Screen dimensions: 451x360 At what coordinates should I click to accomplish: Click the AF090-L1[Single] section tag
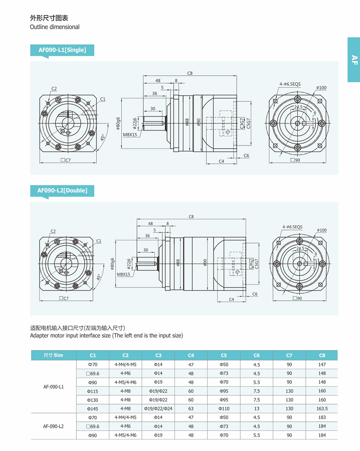(x=62, y=50)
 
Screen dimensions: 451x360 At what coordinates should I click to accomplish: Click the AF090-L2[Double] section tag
(x=62, y=191)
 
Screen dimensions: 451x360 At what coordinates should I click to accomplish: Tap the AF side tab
(x=354, y=60)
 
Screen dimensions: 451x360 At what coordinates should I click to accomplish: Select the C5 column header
(x=224, y=355)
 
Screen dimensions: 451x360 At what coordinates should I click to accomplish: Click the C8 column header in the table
(x=322, y=355)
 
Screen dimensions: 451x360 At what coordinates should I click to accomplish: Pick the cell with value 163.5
(x=322, y=409)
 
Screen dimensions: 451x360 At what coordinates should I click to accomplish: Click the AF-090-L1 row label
(x=54, y=387)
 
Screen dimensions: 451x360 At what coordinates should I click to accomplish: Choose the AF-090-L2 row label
(x=54, y=426)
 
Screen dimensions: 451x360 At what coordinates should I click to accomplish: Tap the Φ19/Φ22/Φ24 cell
(x=158, y=409)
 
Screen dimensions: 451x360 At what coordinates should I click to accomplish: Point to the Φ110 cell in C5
(x=224, y=409)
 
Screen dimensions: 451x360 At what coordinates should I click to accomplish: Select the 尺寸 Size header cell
(x=54, y=355)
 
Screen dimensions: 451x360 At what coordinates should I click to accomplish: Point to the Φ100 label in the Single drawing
(x=321, y=88)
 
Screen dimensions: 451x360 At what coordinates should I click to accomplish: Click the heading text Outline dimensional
(x=55, y=27)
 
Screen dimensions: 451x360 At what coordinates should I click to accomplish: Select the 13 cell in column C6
(x=257, y=409)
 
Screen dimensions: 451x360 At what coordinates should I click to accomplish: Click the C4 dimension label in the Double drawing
(x=232, y=299)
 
